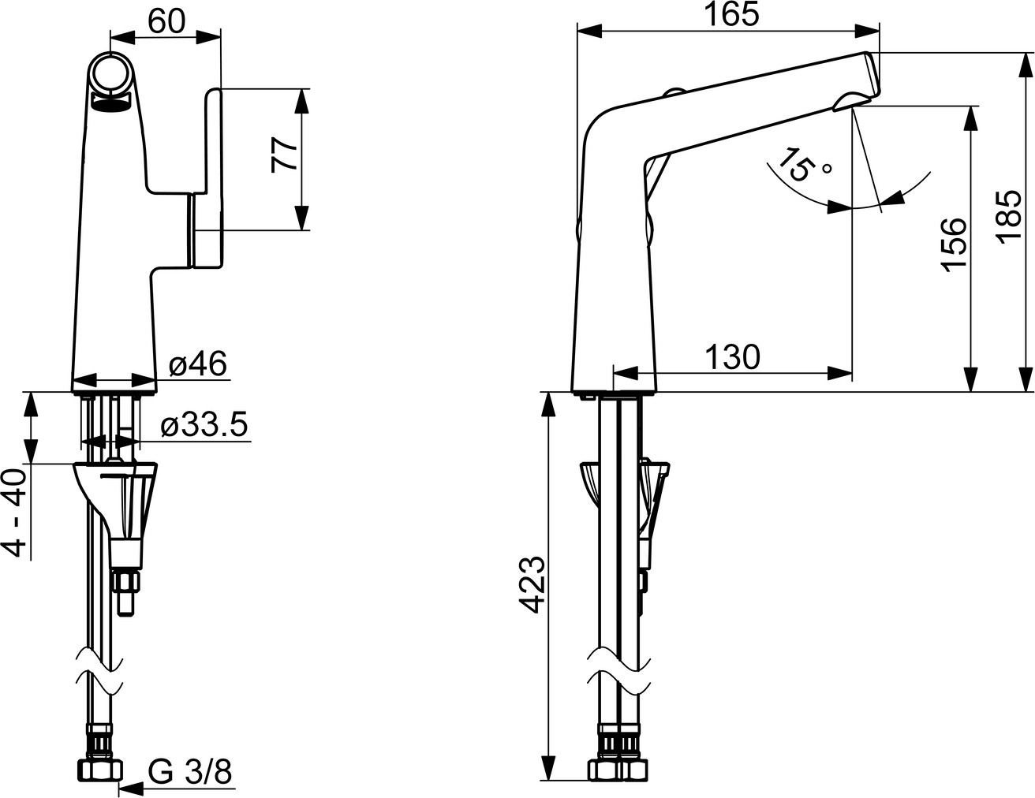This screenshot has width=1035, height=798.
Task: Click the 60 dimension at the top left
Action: pyautogui.click(x=166, y=22)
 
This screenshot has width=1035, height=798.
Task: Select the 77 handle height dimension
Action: pyautogui.click(x=284, y=155)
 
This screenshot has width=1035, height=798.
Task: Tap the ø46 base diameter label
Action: pyautogui.click(x=198, y=365)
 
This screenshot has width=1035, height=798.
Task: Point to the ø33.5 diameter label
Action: pyautogui.click(x=204, y=425)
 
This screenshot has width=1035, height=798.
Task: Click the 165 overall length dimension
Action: pyautogui.click(x=732, y=15)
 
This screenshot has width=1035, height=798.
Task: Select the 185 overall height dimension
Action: pyautogui.click(x=1010, y=217)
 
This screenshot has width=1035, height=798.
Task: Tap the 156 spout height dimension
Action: pyautogui.click(x=955, y=245)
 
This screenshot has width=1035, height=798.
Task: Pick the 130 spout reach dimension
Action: pyautogui.click(x=732, y=357)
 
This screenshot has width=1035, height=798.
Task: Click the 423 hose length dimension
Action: pyautogui.click(x=531, y=584)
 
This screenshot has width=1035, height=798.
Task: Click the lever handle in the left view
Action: pyautogui.click(x=207, y=177)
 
